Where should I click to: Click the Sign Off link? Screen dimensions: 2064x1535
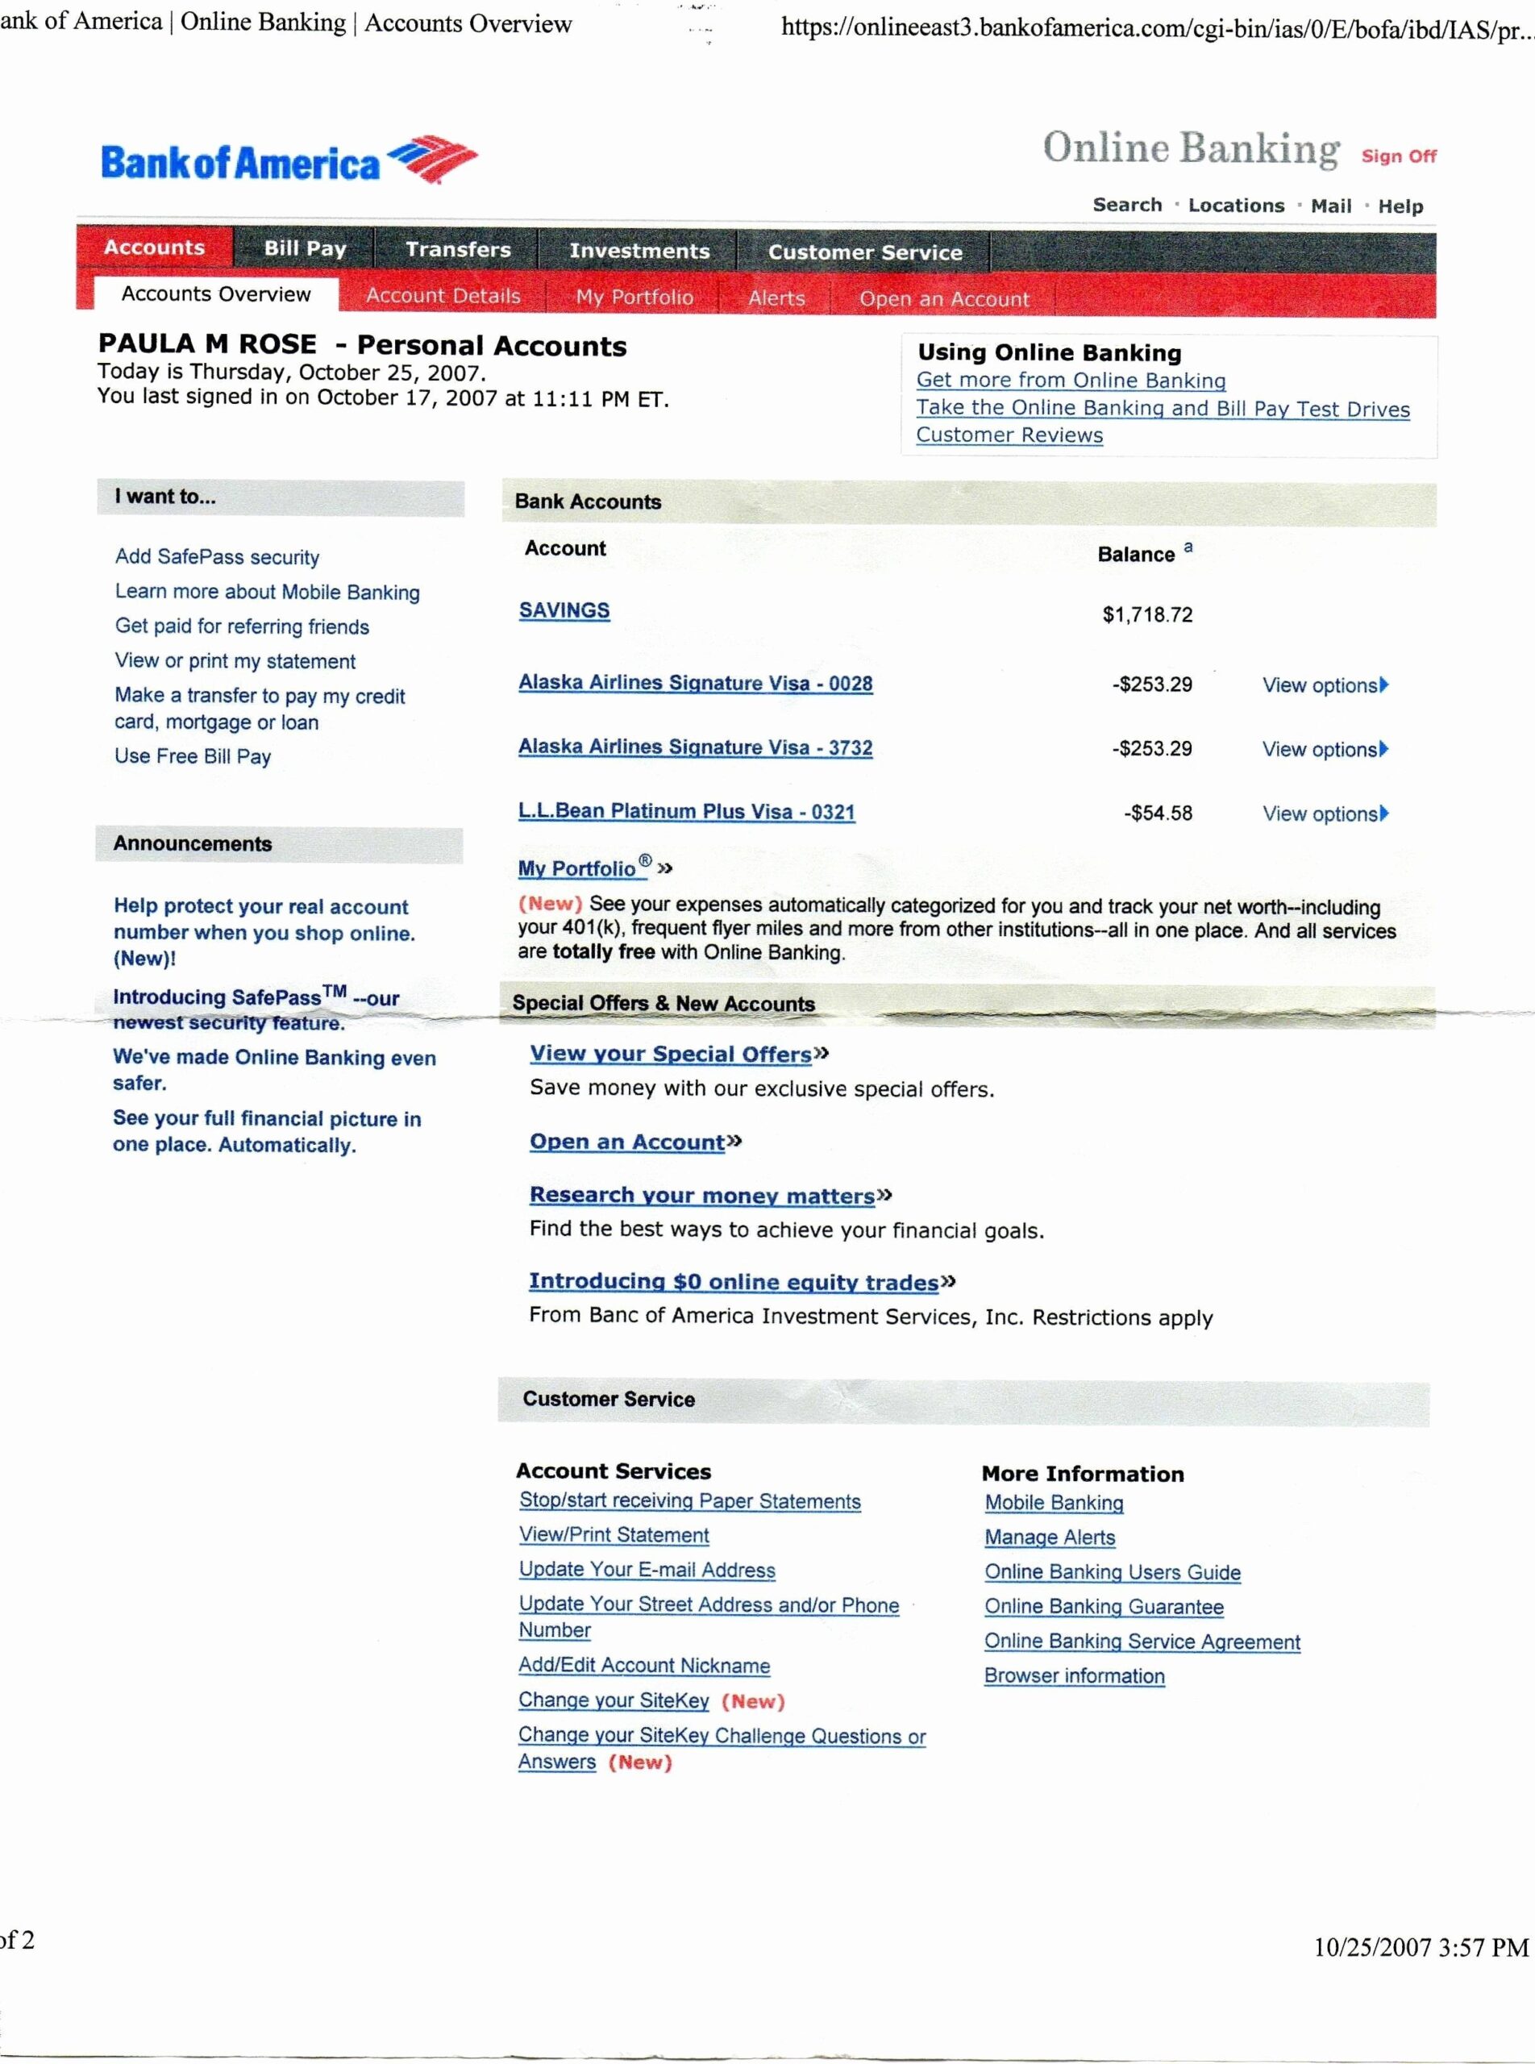[1399, 156]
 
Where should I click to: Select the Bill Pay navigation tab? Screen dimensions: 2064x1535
[305, 248]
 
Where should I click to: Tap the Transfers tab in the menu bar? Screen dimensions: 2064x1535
[458, 249]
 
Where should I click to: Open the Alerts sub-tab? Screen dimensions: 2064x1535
[776, 298]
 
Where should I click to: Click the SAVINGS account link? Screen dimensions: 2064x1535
[564, 610]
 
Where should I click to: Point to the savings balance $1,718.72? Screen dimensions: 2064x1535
[1146, 614]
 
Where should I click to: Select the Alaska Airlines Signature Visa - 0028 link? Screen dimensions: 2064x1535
[695, 683]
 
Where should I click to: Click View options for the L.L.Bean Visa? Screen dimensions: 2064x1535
[1324, 814]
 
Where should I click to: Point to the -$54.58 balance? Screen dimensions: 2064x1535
[1158, 814]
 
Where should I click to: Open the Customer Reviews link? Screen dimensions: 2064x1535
[1009, 435]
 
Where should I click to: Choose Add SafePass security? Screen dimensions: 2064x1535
[218, 556]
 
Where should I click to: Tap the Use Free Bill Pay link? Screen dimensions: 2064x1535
[193, 756]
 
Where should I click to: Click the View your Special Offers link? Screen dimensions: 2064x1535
[671, 1054]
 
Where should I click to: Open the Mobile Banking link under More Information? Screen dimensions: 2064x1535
[1054, 1503]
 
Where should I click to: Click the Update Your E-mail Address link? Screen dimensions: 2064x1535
[647, 1570]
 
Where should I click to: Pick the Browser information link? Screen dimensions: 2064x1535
[1074, 1675]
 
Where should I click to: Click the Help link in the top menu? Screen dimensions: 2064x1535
[1400, 206]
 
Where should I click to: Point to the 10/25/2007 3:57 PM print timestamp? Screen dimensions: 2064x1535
[1420, 1946]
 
